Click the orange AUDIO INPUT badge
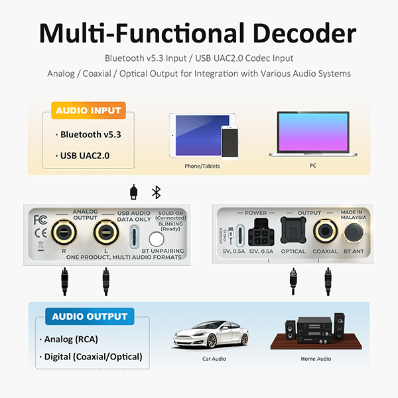(88, 111)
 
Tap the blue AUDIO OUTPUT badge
(89, 316)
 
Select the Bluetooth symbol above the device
(157, 192)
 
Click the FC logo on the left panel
(40, 220)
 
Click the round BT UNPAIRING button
(157, 239)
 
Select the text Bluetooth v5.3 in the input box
(90, 135)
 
